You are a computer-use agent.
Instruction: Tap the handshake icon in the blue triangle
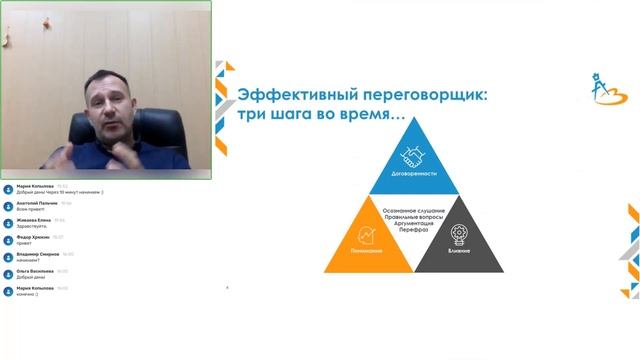413,158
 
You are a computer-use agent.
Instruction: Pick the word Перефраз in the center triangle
413,230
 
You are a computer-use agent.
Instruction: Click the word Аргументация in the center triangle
413,223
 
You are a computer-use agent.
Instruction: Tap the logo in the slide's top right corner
601,87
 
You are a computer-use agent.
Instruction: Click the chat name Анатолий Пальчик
38,203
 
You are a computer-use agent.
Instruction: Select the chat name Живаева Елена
35,220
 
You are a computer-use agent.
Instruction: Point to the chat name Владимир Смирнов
38,255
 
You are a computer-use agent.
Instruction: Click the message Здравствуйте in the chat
32,226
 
